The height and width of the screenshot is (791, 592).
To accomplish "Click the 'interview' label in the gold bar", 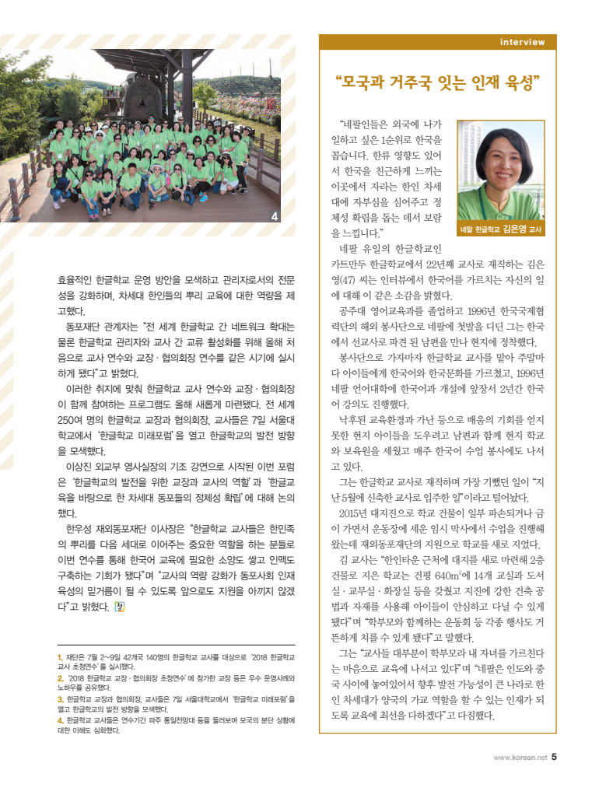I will pyautogui.click(x=522, y=42).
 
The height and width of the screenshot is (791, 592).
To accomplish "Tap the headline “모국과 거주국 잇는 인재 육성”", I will pyautogui.click(x=437, y=82).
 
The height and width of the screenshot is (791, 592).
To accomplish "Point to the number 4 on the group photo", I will pyautogui.click(x=274, y=217).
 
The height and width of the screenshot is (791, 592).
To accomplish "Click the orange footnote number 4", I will pyautogui.click(x=60, y=720).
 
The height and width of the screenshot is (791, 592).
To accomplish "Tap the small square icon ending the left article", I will pyautogui.click(x=118, y=606).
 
